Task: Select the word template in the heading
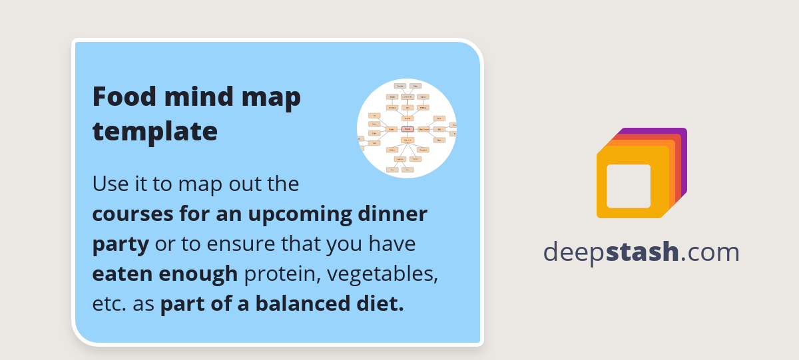(154, 131)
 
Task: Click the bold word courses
(132, 214)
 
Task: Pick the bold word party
(121, 244)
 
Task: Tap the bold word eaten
(120, 273)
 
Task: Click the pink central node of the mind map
(407, 129)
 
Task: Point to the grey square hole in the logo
(629, 186)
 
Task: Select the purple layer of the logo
(682, 133)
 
